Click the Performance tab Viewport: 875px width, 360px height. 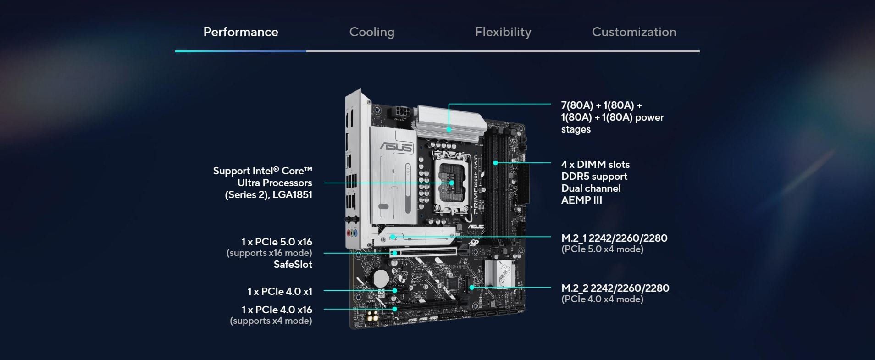pos(241,32)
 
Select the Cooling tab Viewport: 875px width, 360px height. pos(372,32)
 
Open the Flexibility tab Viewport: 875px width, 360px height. pos(503,32)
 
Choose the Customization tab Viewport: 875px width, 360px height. pos(634,32)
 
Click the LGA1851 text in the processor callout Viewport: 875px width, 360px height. pos(292,195)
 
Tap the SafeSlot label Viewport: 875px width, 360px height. pos(293,265)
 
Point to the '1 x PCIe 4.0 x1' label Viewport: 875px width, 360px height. pos(280,292)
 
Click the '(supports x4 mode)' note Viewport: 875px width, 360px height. pos(271,321)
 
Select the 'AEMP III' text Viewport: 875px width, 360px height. pos(581,200)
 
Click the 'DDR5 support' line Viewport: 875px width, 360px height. pos(594,177)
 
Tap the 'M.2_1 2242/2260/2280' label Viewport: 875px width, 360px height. pos(615,238)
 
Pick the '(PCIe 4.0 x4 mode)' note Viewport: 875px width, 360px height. pos(603,299)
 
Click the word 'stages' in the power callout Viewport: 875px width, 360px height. pos(576,130)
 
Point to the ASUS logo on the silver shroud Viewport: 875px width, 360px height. pos(396,147)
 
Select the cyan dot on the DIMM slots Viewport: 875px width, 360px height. pos(496,162)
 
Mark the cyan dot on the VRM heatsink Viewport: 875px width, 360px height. pos(449,130)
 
